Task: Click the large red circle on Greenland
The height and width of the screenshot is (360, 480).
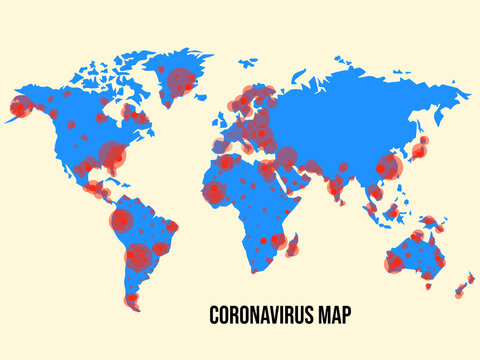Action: point(180,79)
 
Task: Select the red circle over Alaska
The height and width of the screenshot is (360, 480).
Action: point(20,107)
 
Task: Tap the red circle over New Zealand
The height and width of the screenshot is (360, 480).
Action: point(460,291)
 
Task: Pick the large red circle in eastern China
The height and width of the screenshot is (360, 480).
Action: point(387,166)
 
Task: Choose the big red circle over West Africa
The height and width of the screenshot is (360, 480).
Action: point(216,191)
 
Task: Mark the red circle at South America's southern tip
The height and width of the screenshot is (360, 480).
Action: point(132,299)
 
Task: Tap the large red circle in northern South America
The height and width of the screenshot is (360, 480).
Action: point(121,219)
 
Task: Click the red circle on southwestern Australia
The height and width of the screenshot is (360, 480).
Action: point(395,264)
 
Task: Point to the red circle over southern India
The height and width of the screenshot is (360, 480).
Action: point(337,187)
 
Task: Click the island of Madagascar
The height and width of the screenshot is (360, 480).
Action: point(291,247)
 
